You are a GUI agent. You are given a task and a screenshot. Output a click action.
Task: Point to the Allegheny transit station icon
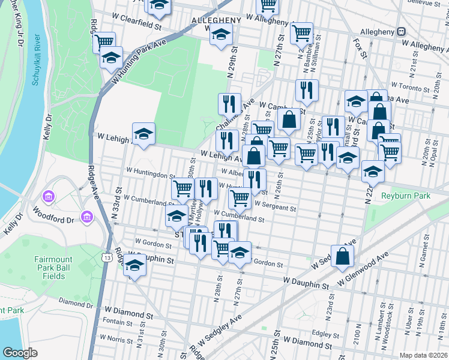(401, 31)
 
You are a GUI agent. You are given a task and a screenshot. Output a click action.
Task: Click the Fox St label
(360, 48)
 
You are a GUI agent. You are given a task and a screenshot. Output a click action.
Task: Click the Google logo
(20, 352)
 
